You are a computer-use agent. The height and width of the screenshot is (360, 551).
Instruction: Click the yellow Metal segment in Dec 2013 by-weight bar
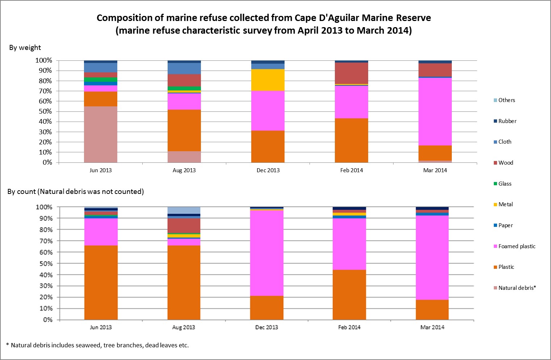(x=268, y=80)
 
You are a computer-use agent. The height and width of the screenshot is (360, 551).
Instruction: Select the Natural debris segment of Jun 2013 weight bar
(x=101, y=134)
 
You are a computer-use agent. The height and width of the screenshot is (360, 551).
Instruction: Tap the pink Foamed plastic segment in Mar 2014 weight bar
(x=435, y=111)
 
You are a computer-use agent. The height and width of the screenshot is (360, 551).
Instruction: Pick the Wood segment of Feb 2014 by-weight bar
(x=352, y=73)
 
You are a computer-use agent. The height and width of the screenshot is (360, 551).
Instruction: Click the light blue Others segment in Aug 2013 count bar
(x=184, y=210)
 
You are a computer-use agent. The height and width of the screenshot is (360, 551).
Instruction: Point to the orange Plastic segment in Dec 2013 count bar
(x=267, y=308)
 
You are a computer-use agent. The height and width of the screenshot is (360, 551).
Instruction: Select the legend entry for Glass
(x=505, y=184)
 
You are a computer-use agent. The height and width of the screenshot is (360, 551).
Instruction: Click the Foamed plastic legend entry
(x=517, y=246)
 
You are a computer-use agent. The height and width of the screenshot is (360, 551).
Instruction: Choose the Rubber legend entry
(x=507, y=121)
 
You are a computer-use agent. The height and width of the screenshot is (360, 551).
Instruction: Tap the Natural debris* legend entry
(x=517, y=288)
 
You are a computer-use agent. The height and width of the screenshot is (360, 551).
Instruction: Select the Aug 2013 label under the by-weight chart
(x=184, y=170)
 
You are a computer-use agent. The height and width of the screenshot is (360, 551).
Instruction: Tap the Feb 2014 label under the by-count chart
(x=349, y=327)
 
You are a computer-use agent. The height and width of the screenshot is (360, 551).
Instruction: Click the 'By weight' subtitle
(x=25, y=48)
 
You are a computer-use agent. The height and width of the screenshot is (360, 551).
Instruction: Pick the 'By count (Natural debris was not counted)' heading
(x=76, y=192)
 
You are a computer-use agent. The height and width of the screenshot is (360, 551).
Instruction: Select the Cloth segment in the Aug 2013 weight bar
(x=184, y=69)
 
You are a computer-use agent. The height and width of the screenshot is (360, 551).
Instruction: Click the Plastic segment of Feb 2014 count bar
(x=349, y=295)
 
